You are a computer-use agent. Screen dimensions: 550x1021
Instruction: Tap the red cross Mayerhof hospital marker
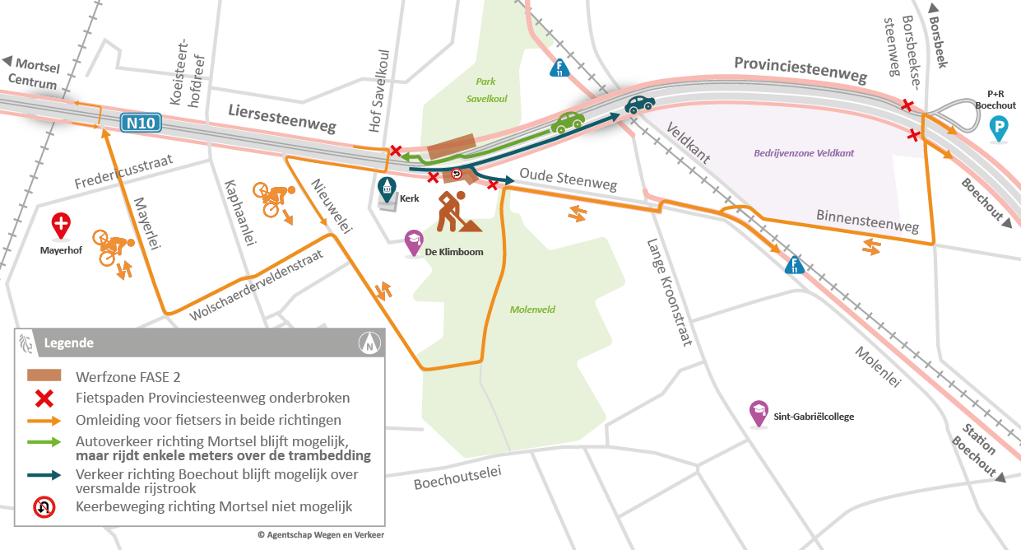(62, 224)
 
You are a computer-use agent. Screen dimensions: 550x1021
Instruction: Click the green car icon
(567, 122)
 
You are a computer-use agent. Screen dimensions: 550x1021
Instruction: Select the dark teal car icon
(638, 104)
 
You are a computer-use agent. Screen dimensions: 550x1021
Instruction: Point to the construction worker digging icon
(450, 211)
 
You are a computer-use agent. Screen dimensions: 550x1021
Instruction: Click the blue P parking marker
(999, 128)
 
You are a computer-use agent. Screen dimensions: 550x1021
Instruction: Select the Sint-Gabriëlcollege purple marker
(759, 413)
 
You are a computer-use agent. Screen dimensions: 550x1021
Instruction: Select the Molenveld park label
(532, 310)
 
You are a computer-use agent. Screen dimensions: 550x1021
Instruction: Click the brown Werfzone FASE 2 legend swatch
(44, 375)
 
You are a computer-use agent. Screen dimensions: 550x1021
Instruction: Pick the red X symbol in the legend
(44, 399)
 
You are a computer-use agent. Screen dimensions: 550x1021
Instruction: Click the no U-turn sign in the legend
(44, 506)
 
